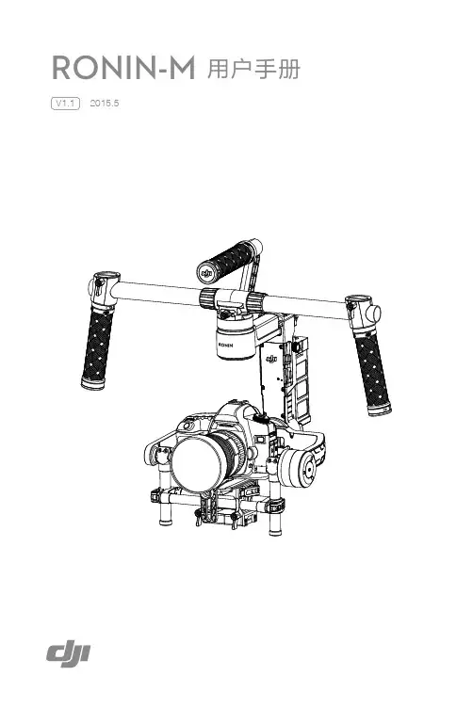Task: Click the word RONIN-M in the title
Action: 123,68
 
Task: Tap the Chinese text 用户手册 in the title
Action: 253,69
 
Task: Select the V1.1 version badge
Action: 65,104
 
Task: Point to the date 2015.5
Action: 105,103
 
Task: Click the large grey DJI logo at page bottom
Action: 68,654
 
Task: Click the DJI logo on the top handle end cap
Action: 207,273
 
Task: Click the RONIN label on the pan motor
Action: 226,345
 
